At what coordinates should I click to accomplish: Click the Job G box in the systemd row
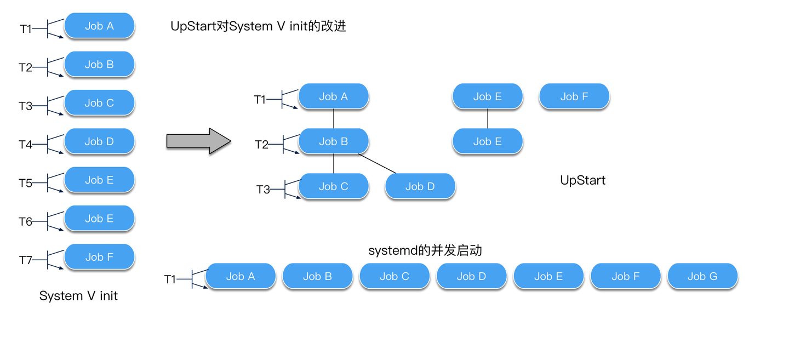[702, 277]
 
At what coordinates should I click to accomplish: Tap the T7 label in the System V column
[26, 260]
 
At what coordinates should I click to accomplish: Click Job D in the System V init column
[99, 141]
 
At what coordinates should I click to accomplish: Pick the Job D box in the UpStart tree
[420, 186]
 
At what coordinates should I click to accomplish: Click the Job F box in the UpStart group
[574, 96]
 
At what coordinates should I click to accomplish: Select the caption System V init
[78, 296]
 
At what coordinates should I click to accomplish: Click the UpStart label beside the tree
[582, 180]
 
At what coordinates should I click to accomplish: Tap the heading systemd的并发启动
[425, 250]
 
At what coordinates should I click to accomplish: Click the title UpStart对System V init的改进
[258, 26]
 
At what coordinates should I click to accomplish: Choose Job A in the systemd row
[241, 277]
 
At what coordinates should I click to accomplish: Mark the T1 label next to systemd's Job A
[170, 279]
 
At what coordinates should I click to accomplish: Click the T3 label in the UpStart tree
[263, 190]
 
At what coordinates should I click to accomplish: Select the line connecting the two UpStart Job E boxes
[488, 119]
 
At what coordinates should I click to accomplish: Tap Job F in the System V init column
[99, 257]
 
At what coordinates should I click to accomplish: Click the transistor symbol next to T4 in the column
[54, 144]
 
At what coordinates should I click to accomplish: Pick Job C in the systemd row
[395, 277]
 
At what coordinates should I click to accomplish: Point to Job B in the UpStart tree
[333, 141]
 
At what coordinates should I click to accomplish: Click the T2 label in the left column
[25, 68]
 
